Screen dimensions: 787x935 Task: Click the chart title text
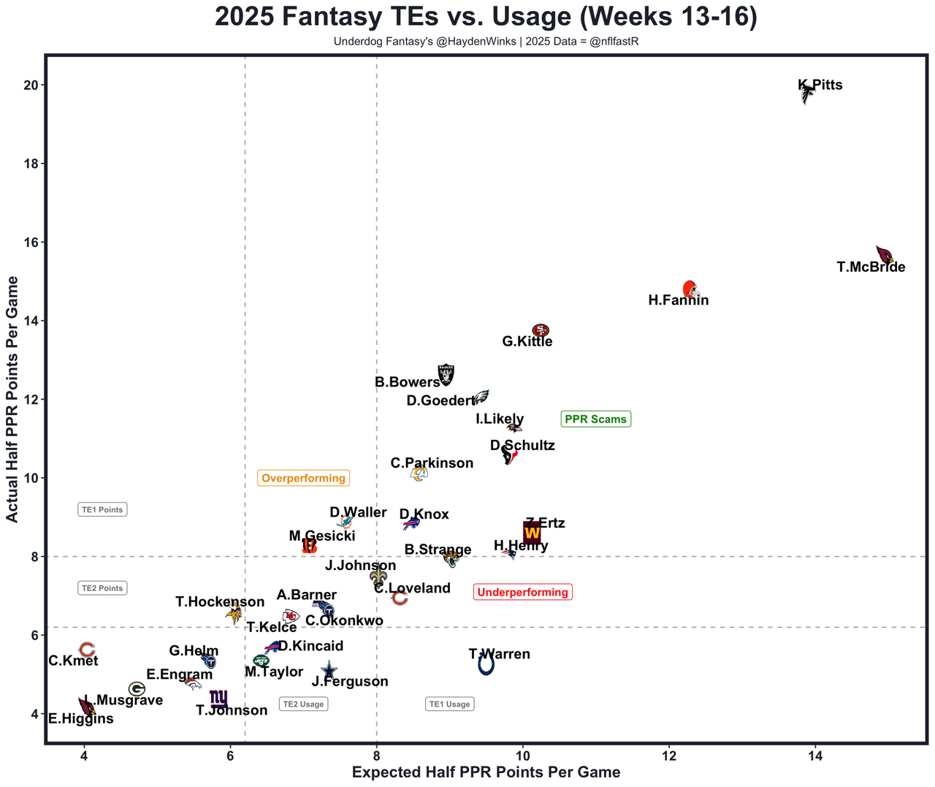486,18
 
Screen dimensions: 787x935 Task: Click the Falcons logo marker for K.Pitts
806,94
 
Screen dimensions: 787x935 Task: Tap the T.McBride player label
871,267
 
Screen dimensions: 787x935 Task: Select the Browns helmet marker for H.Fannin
690,289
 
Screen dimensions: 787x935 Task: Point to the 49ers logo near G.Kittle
541,330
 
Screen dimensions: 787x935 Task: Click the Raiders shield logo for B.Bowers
446,374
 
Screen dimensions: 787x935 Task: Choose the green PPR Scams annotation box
595,419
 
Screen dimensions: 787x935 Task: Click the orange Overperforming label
303,479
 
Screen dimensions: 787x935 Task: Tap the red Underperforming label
522,593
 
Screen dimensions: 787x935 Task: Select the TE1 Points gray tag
102,510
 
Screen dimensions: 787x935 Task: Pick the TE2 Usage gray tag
303,704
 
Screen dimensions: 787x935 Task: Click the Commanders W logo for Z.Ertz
532,533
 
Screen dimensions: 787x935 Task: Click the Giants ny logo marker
218,699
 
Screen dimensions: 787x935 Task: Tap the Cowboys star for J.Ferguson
329,670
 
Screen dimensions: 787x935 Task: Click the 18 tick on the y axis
31,164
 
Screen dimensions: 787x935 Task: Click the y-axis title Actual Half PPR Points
12,399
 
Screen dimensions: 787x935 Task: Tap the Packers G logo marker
137,689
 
